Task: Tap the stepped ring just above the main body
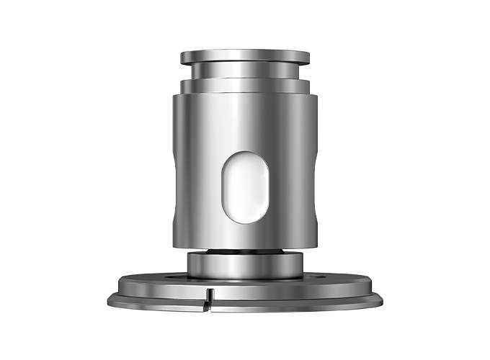pos(244,86)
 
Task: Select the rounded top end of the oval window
pos(244,156)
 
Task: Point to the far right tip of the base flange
pos(383,297)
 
